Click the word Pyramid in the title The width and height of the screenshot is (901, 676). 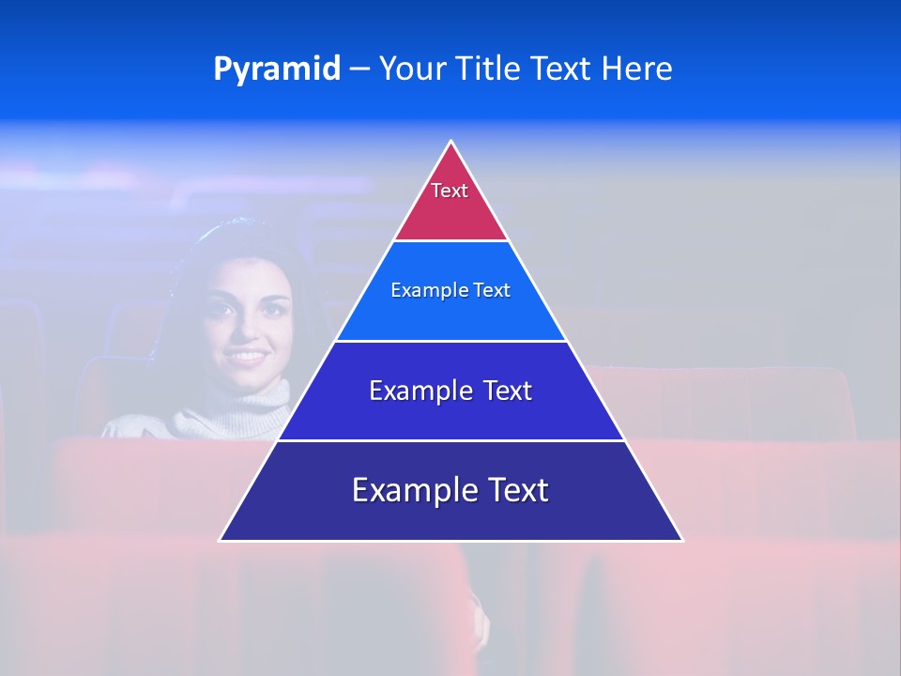[276, 69]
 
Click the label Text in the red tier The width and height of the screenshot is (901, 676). [450, 191]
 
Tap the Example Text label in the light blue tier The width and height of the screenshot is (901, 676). [450, 290]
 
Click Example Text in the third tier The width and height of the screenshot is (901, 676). [450, 391]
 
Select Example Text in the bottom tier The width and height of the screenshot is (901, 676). [450, 490]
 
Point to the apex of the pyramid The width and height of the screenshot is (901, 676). [451, 143]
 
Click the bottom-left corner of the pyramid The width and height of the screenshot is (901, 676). [221, 539]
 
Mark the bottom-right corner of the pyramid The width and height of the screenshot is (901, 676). [681, 539]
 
